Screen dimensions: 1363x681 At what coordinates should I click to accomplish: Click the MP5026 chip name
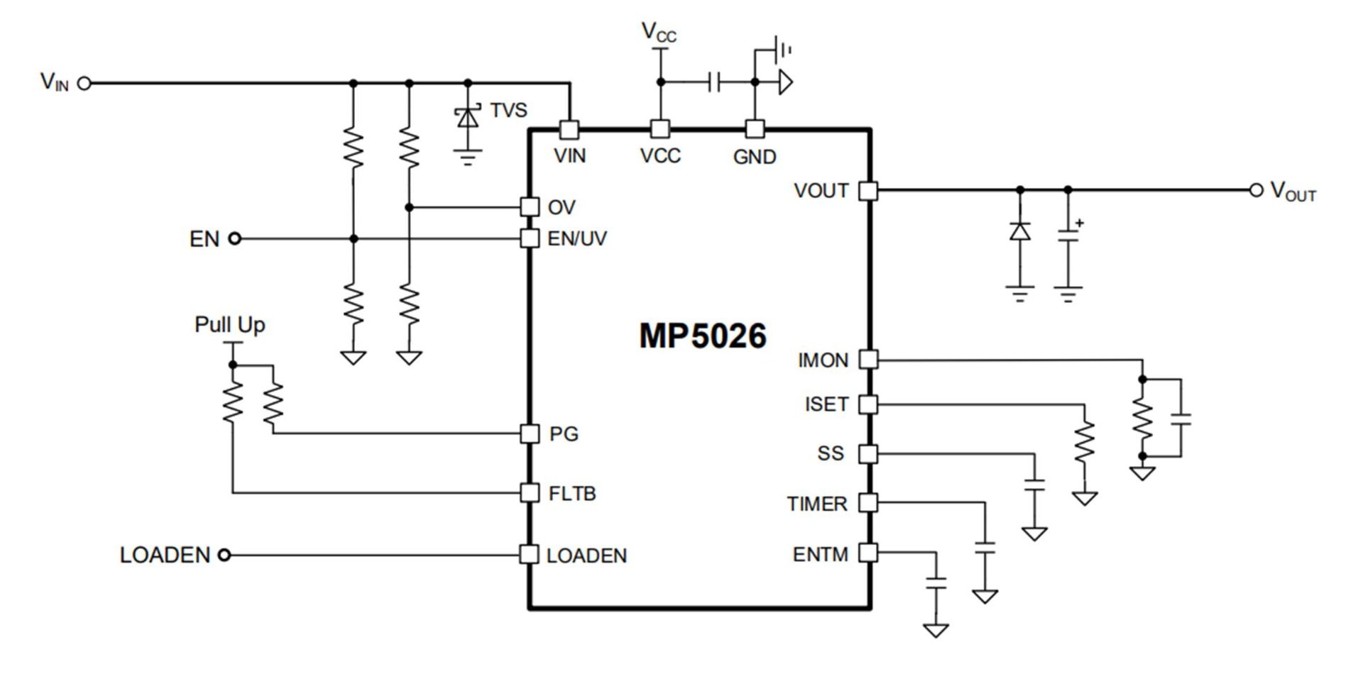[x=703, y=336]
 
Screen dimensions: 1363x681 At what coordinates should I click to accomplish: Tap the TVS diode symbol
[x=467, y=117]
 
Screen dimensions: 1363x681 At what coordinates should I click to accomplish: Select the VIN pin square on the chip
[x=569, y=130]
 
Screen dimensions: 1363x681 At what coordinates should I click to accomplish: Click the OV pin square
[x=530, y=206]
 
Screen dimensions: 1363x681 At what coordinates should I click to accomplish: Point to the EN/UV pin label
[x=577, y=239]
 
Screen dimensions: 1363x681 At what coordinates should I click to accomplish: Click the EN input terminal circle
[x=234, y=239]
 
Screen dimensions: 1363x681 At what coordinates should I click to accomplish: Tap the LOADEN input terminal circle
[x=224, y=555]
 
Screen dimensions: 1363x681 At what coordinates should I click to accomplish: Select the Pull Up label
[x=229, y=325]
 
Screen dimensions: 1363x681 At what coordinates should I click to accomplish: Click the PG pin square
[x=530, y=433]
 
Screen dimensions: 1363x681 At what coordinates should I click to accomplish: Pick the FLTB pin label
[x=572, y=493]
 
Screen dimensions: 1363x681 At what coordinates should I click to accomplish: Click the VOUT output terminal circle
[x=1257, y=190]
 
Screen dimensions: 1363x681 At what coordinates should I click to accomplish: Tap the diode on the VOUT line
[x=1020, y=231]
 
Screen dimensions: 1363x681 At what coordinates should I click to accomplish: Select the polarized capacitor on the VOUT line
[x=1068, y=234]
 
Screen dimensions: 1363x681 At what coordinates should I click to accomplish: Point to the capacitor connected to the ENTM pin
[x=936, y=583]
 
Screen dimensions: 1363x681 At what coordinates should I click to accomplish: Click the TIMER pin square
[x=868, y=503]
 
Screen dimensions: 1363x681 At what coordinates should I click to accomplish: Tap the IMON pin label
[x=823, y=360]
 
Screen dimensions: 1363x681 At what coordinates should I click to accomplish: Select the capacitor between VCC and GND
[x=714, y=82]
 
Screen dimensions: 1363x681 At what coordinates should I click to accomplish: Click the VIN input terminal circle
[x=84, y=83]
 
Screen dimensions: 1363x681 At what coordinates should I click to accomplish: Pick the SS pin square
[x=868, y=454]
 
